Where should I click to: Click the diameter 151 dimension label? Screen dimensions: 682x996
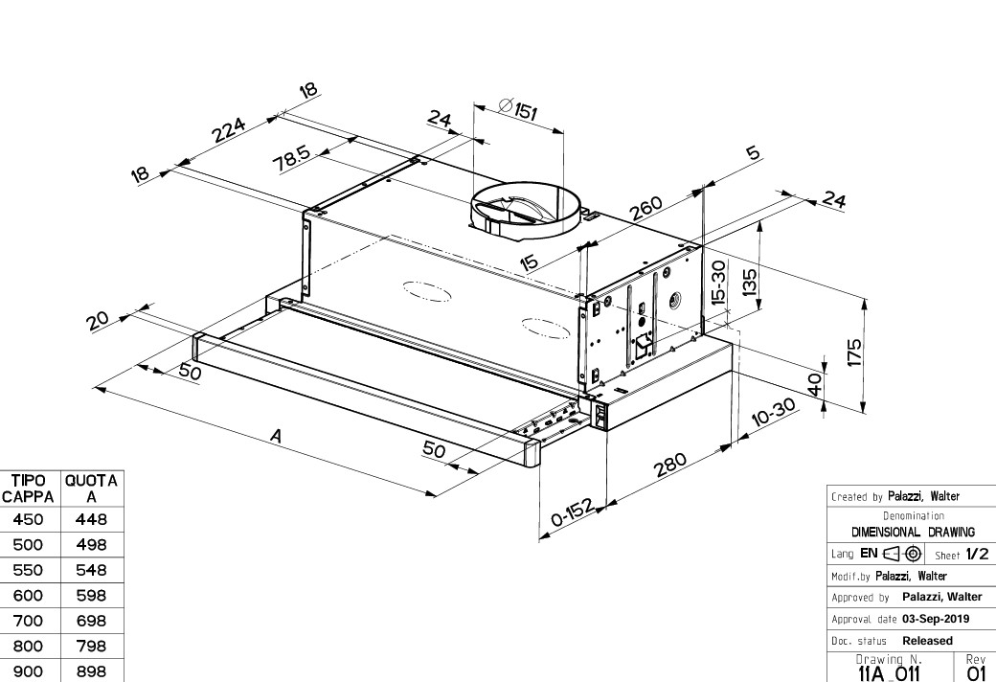point(518,109)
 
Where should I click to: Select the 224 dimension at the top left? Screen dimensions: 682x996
point(230,129)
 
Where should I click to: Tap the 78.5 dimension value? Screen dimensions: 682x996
point(293,159)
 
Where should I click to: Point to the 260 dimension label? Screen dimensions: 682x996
point(647,208)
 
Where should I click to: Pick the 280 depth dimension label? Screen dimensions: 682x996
point(670,465)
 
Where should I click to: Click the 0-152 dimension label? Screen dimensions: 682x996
point(574,513)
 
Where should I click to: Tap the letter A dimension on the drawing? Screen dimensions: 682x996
point(276,436)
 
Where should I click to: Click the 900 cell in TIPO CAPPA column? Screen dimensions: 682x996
point(27,671)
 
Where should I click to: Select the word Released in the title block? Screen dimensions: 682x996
point(927,641)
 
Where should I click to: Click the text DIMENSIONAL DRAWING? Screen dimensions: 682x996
point(913,532)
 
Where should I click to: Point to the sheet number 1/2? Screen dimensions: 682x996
point(975,554)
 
